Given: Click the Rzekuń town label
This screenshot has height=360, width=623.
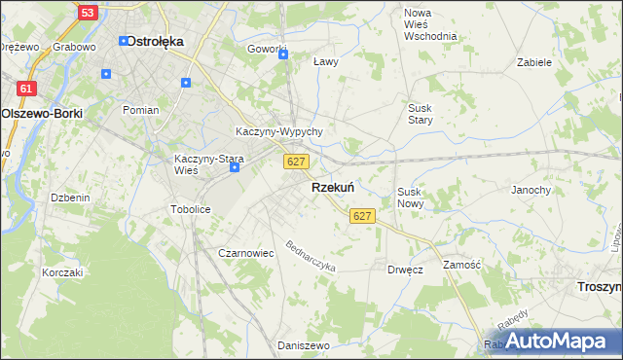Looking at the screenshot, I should [332, 187].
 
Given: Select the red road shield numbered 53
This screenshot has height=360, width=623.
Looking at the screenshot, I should [89, 13].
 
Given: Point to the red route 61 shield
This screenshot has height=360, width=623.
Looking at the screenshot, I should [27, 89].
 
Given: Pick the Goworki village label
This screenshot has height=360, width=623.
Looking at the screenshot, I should [267, 50].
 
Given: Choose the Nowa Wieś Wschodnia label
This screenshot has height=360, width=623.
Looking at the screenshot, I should [430, 24].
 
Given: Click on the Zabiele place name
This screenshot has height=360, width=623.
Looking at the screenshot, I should [534, 61].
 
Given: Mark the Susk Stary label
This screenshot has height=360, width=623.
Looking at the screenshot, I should [421, 113].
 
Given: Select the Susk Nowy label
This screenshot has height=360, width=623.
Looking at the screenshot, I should [411, 198].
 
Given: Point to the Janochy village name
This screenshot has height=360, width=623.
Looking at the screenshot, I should [531, 190].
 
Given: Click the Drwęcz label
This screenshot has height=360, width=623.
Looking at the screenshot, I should [405, 270].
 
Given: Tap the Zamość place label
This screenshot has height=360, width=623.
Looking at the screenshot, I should [462, 265].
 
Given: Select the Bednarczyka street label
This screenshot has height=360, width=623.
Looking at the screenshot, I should [311, 256].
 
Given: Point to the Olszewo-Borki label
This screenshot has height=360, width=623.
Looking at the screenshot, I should [42, 113].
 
